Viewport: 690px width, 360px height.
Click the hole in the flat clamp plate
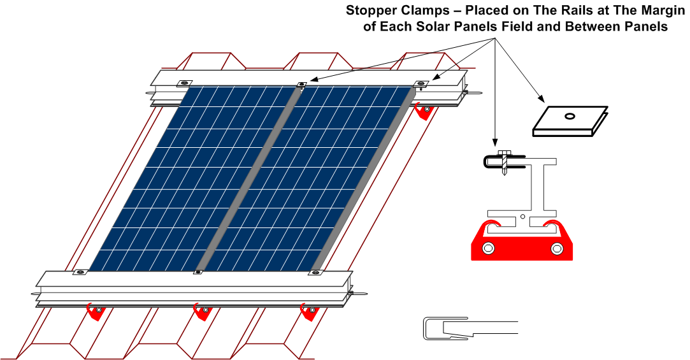570,116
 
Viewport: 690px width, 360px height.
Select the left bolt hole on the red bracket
488,248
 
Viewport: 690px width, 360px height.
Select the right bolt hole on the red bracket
556,248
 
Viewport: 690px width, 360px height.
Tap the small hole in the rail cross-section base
522,216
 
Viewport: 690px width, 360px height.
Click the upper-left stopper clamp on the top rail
184,83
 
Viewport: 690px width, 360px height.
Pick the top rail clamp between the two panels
301,83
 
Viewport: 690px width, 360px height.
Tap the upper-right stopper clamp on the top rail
421,83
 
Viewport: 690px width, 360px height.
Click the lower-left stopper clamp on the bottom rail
80,273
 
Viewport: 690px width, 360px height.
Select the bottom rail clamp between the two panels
198,273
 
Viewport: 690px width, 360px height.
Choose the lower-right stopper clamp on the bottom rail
316,273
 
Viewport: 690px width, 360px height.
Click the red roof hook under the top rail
422,110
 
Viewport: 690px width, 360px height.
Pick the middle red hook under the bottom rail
202,312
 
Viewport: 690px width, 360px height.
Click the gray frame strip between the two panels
247,178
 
